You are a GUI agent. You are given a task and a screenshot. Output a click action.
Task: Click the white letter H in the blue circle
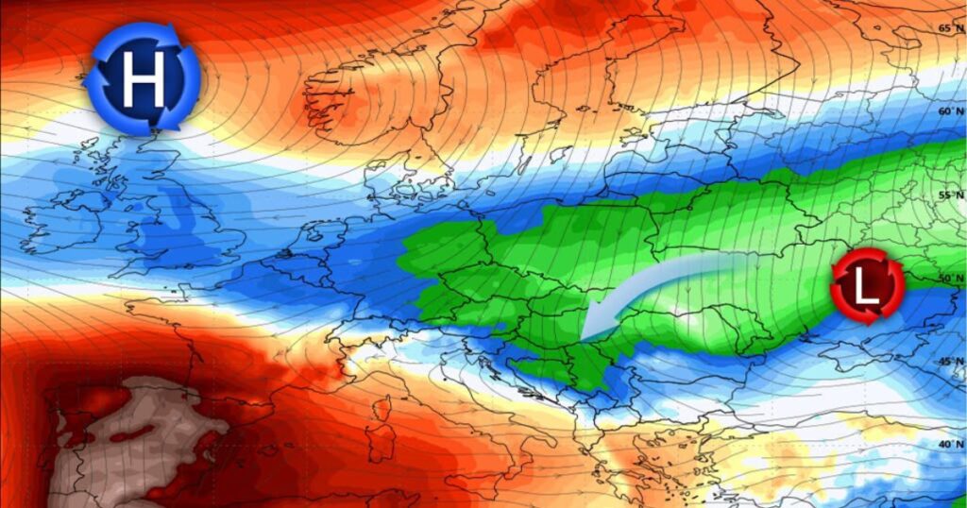coord(142,77)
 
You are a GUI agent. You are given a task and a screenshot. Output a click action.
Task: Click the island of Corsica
coord(382,411)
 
